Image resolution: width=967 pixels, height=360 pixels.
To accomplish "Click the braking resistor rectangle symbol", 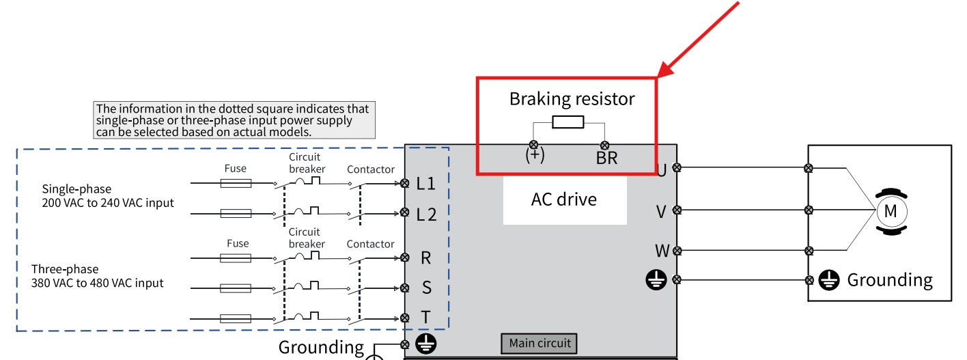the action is [x=568, y=122].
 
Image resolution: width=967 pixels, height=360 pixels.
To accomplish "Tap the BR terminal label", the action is [x=606, y=158].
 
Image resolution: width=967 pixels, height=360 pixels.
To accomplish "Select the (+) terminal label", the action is [x=535, y=155].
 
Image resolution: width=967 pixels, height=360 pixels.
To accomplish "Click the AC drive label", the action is [x=564, y=199].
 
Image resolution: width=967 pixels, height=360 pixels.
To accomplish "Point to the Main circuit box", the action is [x=539, y=344].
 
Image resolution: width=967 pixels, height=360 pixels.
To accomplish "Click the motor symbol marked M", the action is [x=891, y=212].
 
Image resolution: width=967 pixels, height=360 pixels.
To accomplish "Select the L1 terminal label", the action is [x=425, y=184].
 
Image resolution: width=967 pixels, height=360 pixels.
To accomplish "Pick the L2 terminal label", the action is [x=427, y=214].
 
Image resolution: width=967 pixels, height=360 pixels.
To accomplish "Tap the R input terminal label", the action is [x=425, y=258].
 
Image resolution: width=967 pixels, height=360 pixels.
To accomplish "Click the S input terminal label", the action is [x=427, y=288].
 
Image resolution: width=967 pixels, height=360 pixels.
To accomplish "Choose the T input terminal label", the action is [x=425, y=317].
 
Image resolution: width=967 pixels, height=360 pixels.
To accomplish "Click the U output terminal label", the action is [x=661, y=171].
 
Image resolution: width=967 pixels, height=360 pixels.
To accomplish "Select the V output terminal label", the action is [x=661, y=212].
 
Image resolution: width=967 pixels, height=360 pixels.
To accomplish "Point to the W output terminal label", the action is [x=662, y=251].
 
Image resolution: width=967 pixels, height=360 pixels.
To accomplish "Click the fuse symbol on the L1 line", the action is [x=236, y=184].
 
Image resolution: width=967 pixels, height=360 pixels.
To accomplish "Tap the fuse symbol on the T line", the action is [x=236, y=319].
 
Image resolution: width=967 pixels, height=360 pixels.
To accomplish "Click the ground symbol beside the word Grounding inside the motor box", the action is [x=829, y=280].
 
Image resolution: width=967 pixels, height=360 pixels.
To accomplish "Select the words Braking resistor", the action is [x=572, y=99].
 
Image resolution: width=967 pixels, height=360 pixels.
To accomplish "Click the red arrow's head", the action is [x=667, y=69].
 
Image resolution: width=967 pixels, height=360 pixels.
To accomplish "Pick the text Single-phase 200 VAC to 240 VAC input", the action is [x=108, y=196].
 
